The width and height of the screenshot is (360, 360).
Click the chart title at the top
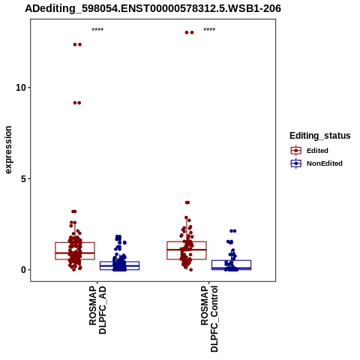[x=153, y=8]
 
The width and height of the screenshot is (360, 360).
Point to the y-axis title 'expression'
[x=8, y=150]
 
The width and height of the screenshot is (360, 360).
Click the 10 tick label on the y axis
[x=21, y=88]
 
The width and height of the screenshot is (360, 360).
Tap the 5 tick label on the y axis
[x=23, y=178]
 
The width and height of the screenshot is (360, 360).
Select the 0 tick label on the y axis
[x=23, y=270]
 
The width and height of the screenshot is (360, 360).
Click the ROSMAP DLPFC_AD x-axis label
[x=97, y=310]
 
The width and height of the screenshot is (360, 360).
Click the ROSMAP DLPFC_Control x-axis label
[x=209, y=319]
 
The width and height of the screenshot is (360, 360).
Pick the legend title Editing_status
[x=320, y=136]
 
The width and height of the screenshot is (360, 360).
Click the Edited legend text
[x=317, y=151]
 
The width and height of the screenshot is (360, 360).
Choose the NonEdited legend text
[x=325, y=163]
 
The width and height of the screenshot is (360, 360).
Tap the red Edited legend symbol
[x=296, y=151]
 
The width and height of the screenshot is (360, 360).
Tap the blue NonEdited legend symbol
[x=296, y=163]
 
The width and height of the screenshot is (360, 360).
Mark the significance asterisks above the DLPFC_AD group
[x=97, y=29]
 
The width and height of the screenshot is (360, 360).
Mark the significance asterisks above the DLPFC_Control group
[x=209, y=29]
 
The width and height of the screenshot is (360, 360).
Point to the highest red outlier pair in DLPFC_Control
[x=189, y=32]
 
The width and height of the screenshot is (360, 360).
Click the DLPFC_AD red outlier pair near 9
[x=77, y=103]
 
